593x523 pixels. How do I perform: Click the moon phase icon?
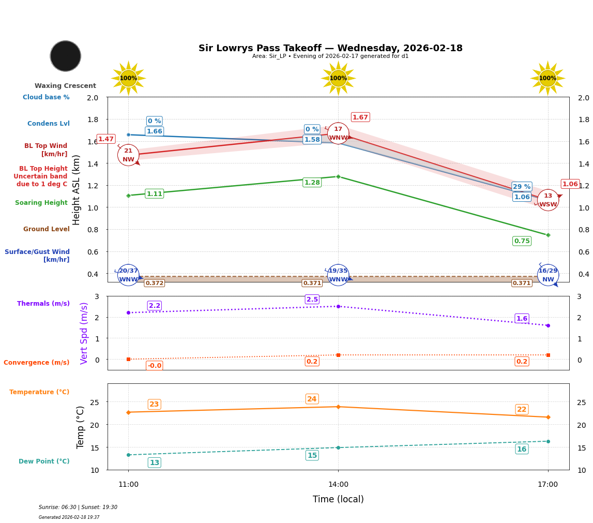(66, 56)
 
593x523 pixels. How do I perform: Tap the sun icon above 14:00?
(338, 78)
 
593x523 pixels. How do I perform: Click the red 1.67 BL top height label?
(360, 117)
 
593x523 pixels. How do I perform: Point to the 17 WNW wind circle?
(338, 133)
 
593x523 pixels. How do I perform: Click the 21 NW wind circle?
(128, 155)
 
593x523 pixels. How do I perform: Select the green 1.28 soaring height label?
(312, 183)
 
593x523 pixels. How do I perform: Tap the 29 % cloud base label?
(522, 187)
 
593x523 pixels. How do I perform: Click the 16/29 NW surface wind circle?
(548, 275)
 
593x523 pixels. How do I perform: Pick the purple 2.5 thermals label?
(312, 300)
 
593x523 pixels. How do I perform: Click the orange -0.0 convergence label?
(155, 366)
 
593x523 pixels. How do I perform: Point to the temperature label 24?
(312, 399)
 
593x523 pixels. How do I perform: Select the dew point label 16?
(522, 449)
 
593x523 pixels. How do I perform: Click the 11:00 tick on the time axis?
(128, 485)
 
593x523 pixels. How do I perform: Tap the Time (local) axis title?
(338, 499)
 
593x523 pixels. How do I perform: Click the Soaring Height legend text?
(41, 203)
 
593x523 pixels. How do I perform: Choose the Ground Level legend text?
(46, 229)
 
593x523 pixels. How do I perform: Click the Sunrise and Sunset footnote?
(78, 507)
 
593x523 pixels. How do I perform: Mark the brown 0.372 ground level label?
(154, 283)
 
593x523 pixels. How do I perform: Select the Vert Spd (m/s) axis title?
(84, 333)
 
